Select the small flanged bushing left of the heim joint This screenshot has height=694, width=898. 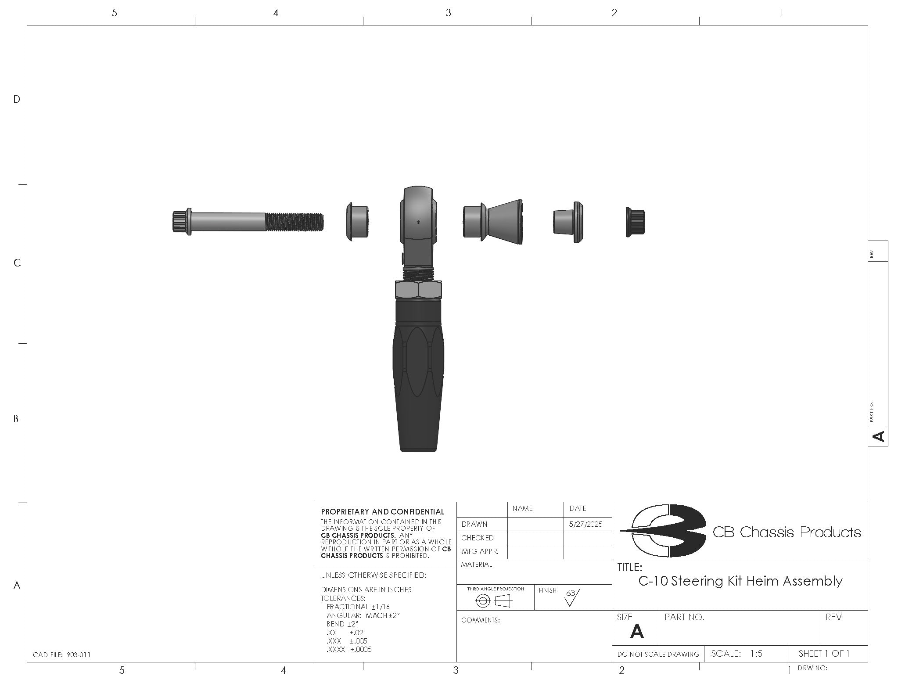357,222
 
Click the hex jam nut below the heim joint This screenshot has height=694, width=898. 418,290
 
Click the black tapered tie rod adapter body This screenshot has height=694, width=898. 418,378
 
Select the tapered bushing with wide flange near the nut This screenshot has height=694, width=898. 568,222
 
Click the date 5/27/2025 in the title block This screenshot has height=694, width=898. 585,524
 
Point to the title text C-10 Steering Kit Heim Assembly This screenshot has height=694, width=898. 740,581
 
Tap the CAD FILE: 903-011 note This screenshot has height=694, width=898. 61,654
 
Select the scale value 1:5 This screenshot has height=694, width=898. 756,654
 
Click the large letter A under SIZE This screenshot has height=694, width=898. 636,632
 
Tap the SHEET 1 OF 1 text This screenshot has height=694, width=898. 824,654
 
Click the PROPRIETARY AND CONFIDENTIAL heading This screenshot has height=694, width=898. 382,512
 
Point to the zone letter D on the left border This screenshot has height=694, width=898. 17,100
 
